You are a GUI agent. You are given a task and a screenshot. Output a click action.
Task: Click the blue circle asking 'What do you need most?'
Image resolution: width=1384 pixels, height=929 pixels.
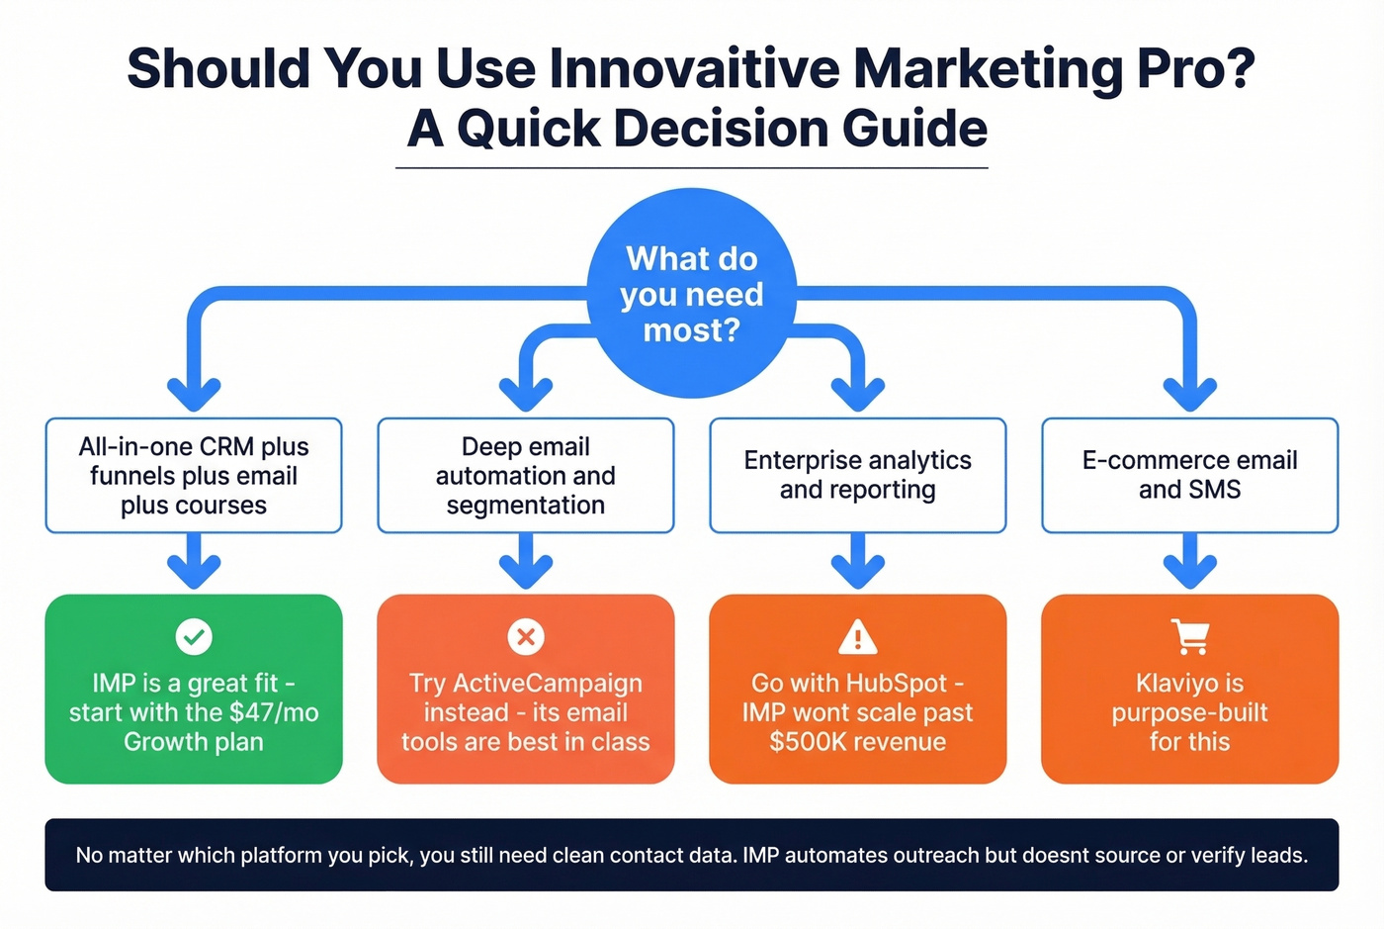[x=692, y=294]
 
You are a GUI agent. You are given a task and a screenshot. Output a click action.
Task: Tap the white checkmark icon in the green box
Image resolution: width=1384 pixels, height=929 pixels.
[x=194, y=636]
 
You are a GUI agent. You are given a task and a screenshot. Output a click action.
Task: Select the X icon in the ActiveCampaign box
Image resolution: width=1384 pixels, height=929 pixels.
[x=526, y=636]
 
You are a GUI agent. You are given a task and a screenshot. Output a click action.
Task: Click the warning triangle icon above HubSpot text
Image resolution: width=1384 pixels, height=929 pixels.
[x=857, y=637]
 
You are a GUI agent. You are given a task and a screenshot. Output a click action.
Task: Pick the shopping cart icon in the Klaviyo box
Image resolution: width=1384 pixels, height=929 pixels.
[x=1189, y=636]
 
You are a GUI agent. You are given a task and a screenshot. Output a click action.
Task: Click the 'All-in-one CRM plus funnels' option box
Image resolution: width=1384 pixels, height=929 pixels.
[x=194, y=476]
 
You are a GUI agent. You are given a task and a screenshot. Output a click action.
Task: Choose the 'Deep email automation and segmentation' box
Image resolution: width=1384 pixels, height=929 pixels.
[x=526, y=476]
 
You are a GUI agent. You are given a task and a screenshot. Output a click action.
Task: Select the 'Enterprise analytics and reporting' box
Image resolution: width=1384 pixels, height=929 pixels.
[x=857, y=476]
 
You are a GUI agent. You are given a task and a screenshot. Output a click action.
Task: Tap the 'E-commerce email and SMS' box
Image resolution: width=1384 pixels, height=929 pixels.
[x=1189, y=476]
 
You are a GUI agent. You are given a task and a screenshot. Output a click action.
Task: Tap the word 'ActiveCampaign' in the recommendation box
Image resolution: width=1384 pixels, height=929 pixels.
[x=547, y=684]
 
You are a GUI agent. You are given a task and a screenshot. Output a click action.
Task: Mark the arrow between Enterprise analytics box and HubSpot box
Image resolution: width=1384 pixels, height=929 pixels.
[x=857, y=562]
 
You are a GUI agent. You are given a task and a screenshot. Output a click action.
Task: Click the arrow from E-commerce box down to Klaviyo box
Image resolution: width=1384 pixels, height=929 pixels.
[x=1189, y=562]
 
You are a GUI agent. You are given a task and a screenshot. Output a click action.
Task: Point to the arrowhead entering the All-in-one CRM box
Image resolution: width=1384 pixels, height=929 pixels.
[x=194, y=395]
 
